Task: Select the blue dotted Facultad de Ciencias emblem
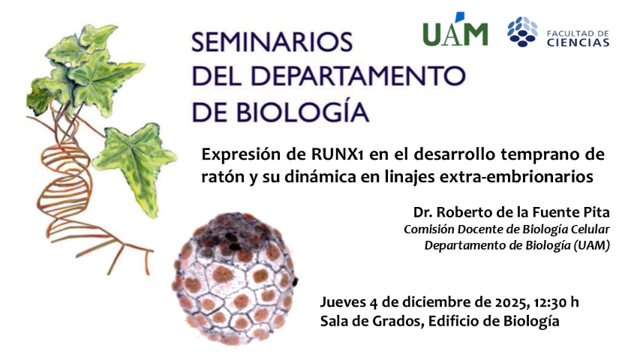tap(522, 32)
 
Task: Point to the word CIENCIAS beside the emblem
tap(578, 43)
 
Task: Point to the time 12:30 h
tap(557, 301)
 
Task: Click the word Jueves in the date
tap(343, 301)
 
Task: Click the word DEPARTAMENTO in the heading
tap(359, 76)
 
